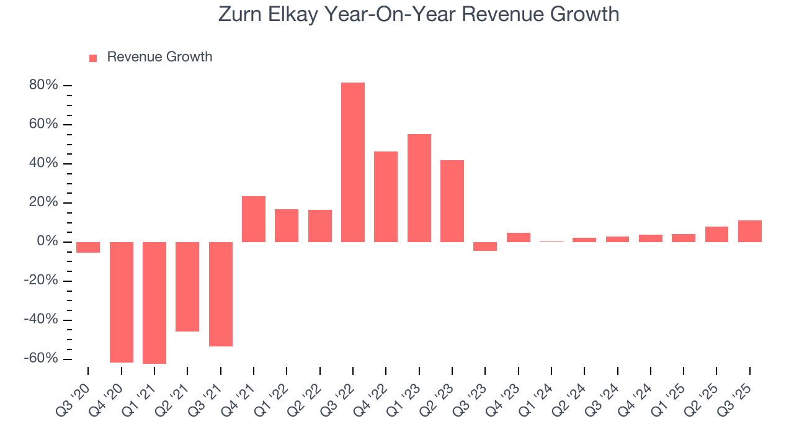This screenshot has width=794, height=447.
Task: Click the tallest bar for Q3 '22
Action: click(x=353, y=162)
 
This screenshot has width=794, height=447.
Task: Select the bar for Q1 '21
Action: click(x=154, y=302)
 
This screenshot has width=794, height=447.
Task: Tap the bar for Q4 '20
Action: click(x=122, y=302)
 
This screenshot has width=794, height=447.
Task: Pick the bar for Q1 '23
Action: click(x=419, y=187)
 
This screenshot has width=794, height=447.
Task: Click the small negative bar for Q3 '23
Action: click(x=485, y=246)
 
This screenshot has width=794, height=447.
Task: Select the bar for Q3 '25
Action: click(x=750, y=231)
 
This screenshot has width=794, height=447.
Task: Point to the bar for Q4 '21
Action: click(x=254, y=219)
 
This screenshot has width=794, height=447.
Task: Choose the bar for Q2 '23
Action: click(x=452, y=201)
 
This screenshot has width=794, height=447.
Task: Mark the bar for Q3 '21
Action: click(x=221, y=294)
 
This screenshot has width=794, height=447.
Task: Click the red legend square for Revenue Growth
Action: click(x=93, y=58)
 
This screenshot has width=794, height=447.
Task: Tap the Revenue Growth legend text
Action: click(x=159, y=57)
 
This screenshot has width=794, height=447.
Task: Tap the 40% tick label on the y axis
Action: click(x=43, y=163)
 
